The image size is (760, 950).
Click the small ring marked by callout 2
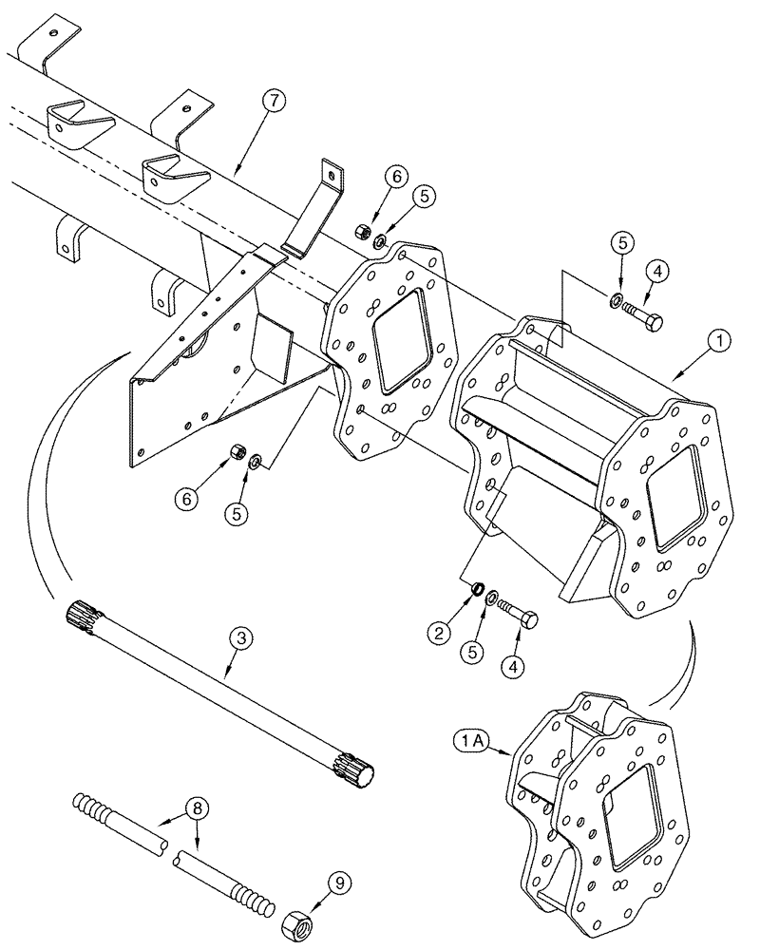point(473,594)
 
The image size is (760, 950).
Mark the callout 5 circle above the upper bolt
point(623,242)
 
